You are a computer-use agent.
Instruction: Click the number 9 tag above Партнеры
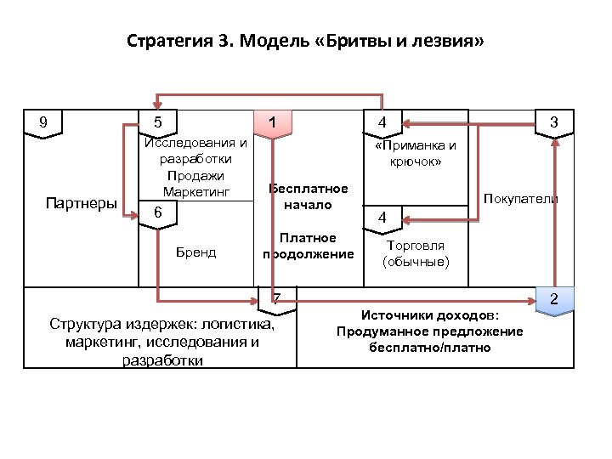pos(43,122)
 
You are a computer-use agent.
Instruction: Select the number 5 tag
pos(158,123)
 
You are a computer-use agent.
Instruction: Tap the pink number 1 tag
pos(271,122)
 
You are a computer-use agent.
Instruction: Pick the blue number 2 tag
pos(553,300)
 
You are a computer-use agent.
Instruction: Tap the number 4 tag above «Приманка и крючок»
pos(383,123)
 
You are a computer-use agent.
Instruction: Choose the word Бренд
pos(195,252)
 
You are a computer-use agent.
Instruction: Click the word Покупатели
pos(520,199)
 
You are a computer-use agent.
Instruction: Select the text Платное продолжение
pos(308,246)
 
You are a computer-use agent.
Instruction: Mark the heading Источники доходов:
pos(430,315)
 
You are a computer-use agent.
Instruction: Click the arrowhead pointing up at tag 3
pos(554,143)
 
